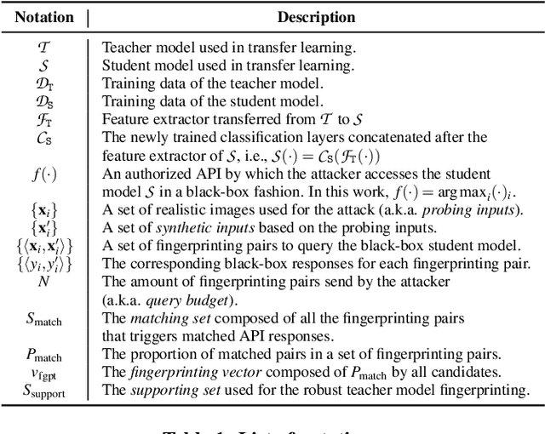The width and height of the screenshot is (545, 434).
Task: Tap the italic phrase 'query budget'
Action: pyautogui.click(x=161, y=301)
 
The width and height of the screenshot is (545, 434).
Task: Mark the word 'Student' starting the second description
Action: pyautogui.click(x=125, y=66)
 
